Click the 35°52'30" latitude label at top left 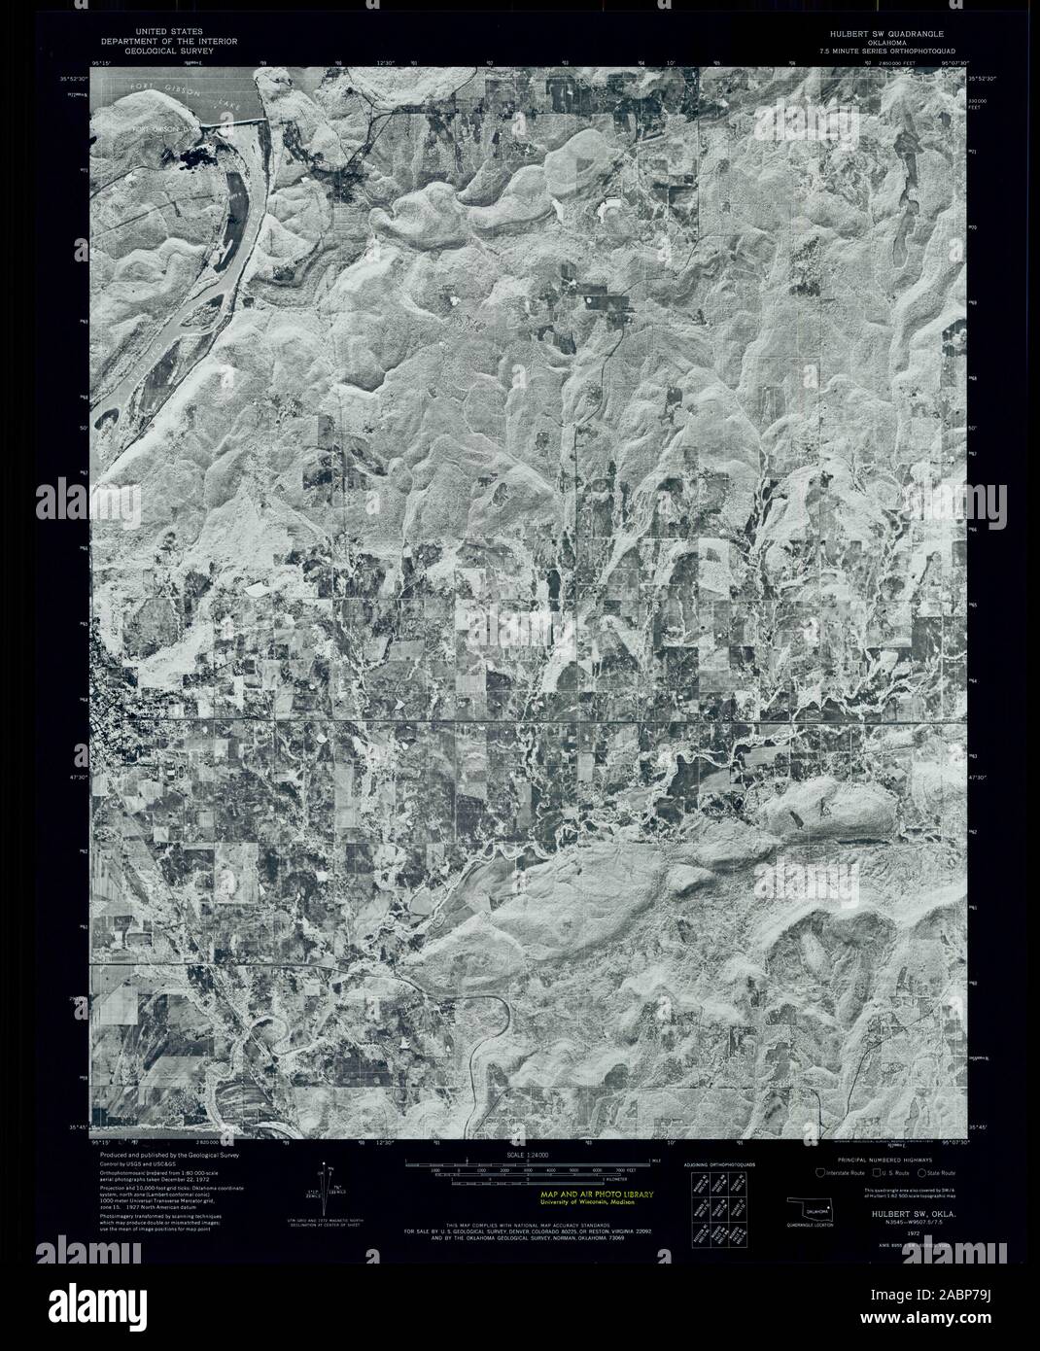tap(70, 78)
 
